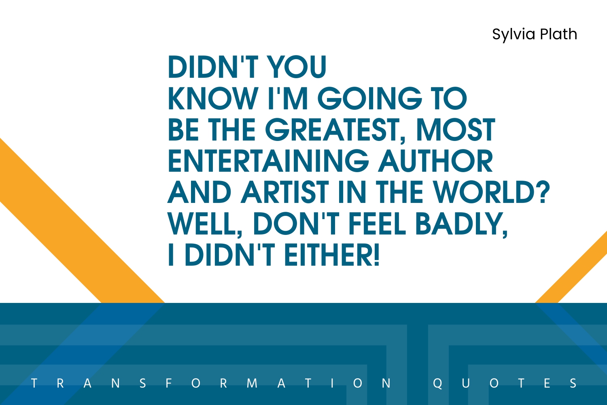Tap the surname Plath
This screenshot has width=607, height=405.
pyautogui.click(x=558, y=34)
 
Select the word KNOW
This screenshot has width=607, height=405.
pyautogui.click(x=213, y=98)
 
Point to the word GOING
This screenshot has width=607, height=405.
pyautogui.click(x=369, y=98)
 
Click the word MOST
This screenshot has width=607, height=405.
pyautogui.click(x=455, y=130)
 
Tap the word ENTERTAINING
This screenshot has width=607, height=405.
pyautogui.click(x=268, y=161)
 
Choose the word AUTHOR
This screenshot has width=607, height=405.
pyautogui.click(x=435, y=161)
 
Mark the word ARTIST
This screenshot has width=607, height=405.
pyautogui.click(x=285, y=192)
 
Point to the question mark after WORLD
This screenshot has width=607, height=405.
pyautogui.click(x=543, y=192)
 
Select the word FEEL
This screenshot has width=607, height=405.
pyautogui.click(x=377, y=223)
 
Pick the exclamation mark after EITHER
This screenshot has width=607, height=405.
pyautogui.click(x=376, y=254)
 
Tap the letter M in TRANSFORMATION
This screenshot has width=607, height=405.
pyautogui.click(x=252, y=383)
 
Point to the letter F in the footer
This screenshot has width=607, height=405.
pyautogui.click(x=169, y=383)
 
